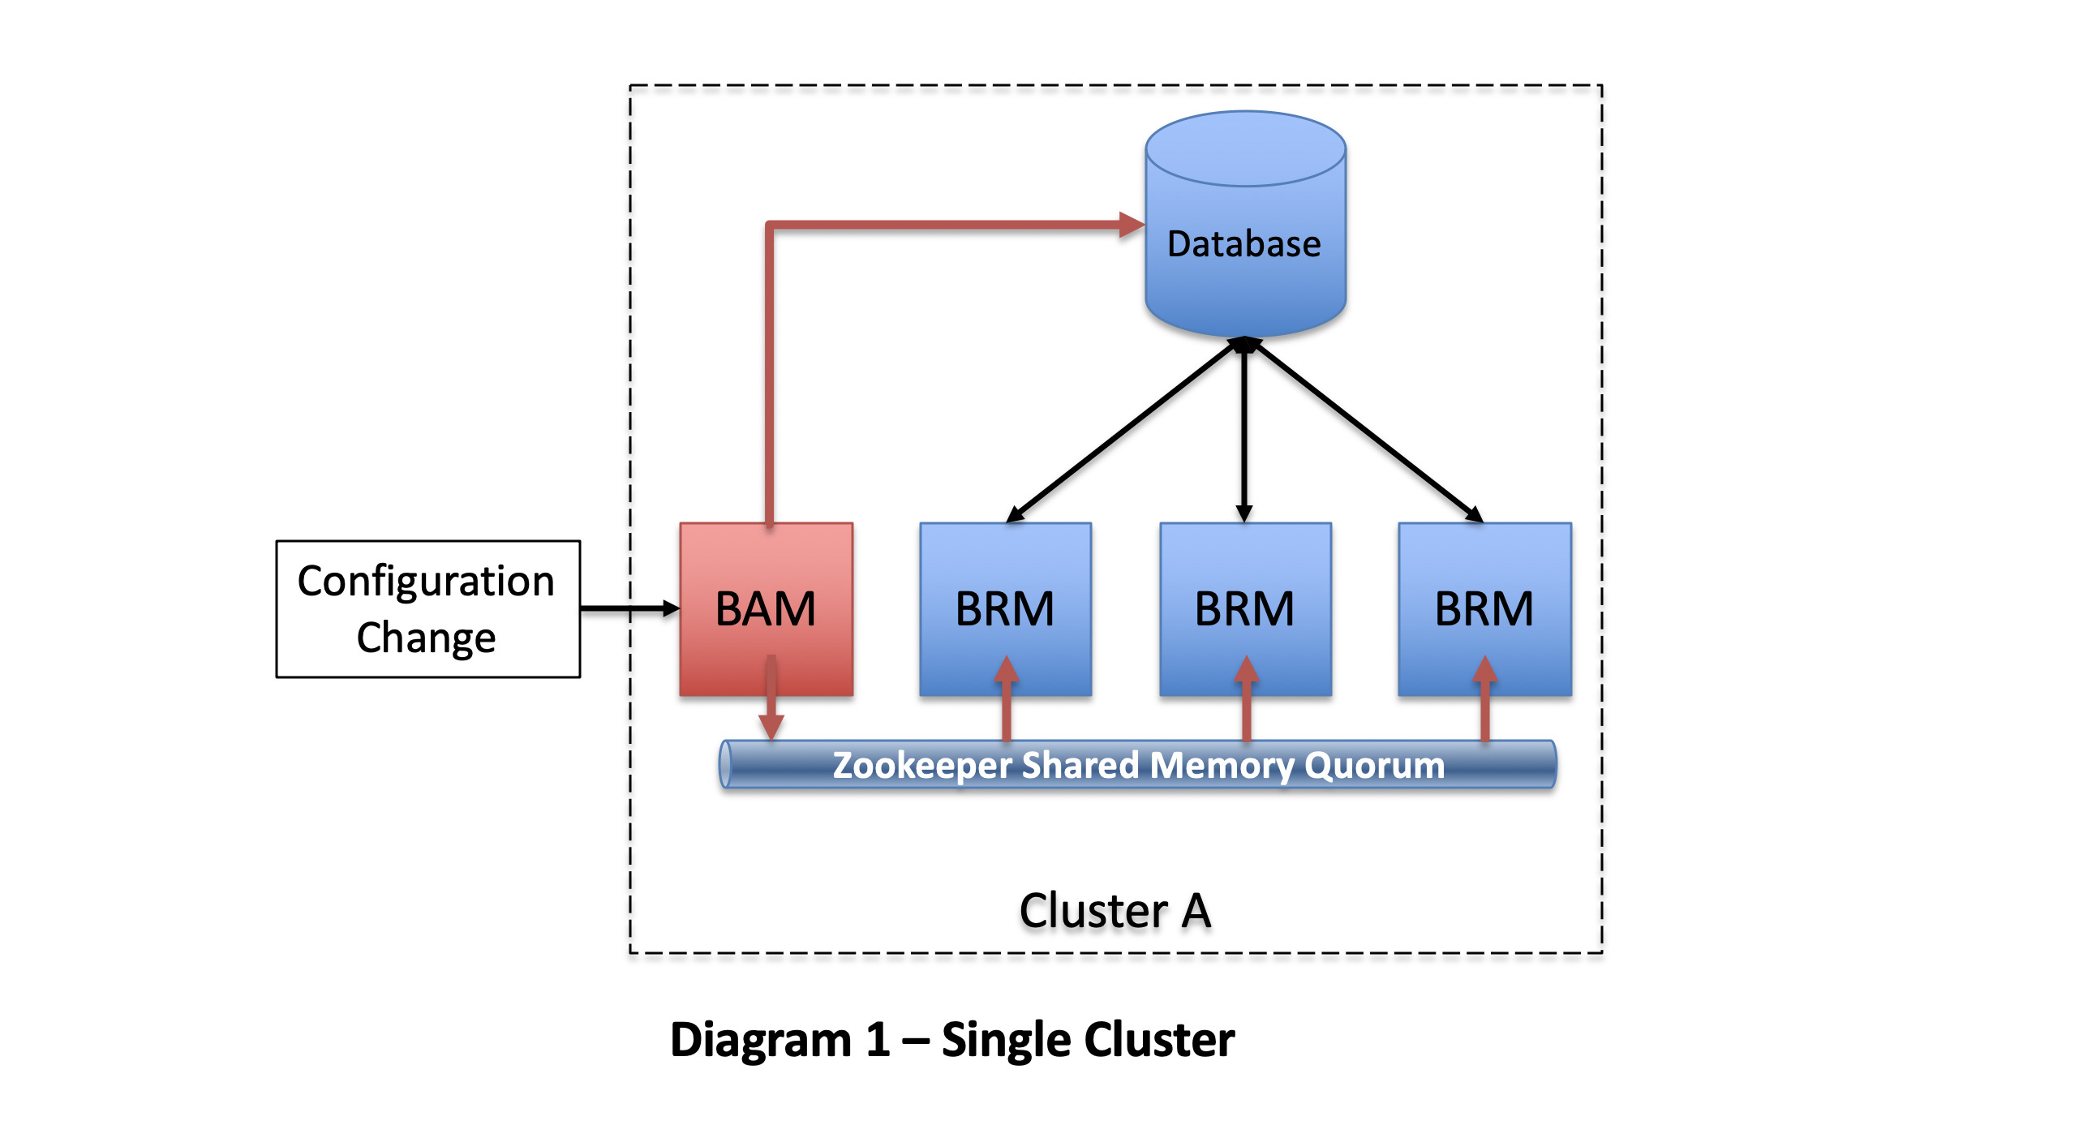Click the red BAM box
(766, 608)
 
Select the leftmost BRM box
(1005, 608)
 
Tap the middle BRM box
(1245, 608)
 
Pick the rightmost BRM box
(1484, 608)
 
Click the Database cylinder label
(1244, 244)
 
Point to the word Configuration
(426, 581)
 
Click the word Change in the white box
(426, 637)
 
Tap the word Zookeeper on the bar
(922, 766)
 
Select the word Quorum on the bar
(1375, 766)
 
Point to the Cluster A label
(1115, 910)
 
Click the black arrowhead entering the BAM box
(672, 608)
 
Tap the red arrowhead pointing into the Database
(1132, 225)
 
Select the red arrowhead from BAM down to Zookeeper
(771, 727)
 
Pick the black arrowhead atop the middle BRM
(1244, 513)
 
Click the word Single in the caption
(1007, 1040)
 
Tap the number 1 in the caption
(877, 1040)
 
